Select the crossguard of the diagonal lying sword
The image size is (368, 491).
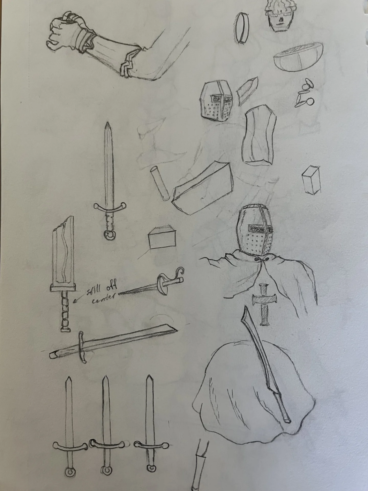82,347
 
